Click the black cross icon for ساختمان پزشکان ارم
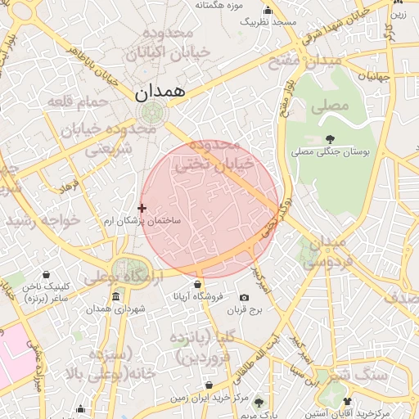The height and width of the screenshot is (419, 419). click(x=142, y=209)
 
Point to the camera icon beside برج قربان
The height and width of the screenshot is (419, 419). click(x=243, y=297)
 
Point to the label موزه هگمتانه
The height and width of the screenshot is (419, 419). click(x=215, y=5)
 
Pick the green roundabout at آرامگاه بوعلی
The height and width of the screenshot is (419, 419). click(x=128, y=268)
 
